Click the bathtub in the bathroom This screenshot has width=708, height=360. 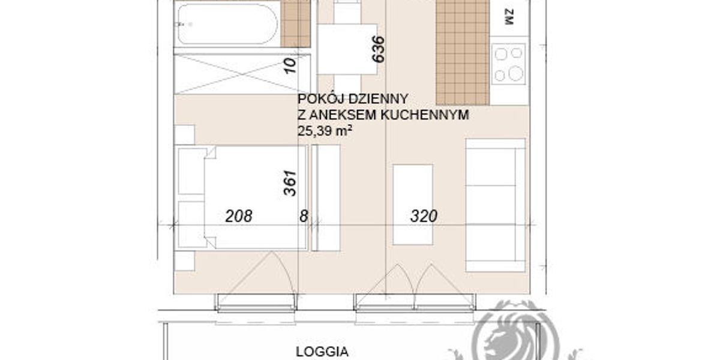227,23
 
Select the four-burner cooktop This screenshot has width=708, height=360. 508,64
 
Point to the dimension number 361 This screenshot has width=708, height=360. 290,183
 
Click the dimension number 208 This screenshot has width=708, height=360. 238,216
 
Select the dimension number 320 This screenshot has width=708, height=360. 424,216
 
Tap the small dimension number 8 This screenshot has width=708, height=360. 304,217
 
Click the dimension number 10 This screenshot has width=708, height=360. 290,65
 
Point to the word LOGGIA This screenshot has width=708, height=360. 322,352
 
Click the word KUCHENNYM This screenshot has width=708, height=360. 425,115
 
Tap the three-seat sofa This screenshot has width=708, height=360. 496,206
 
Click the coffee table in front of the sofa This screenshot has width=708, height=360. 413,205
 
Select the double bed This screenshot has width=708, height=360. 242,197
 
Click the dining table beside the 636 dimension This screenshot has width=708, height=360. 347,49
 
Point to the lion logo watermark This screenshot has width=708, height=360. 515,332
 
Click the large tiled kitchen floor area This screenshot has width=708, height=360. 463,52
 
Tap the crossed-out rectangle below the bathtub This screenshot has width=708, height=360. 242,74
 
